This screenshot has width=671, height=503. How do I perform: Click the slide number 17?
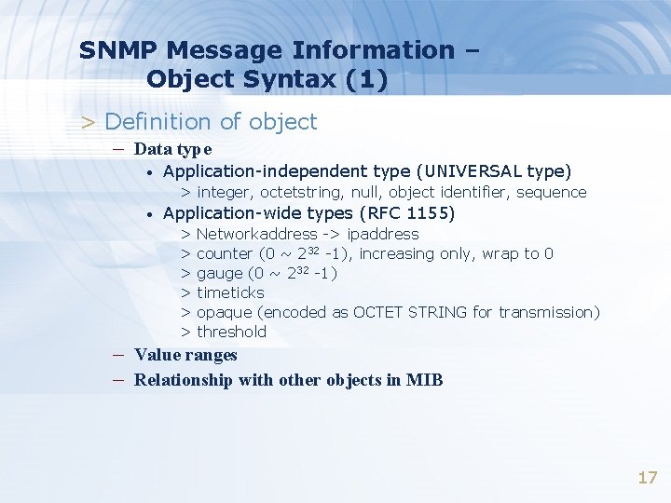click(x=648, y=478)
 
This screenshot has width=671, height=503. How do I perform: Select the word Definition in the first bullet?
click(x=158, y=122)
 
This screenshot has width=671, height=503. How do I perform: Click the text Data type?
click(x=172, y=148)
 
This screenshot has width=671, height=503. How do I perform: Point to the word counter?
click(x=225, y=253)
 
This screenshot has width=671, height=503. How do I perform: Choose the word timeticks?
click(x=230, y=292)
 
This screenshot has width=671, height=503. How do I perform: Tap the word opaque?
click(x=224, y=313)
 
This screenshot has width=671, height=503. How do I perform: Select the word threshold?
click(x=231, y=332)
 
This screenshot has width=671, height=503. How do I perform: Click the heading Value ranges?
click(x=185, y=355)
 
